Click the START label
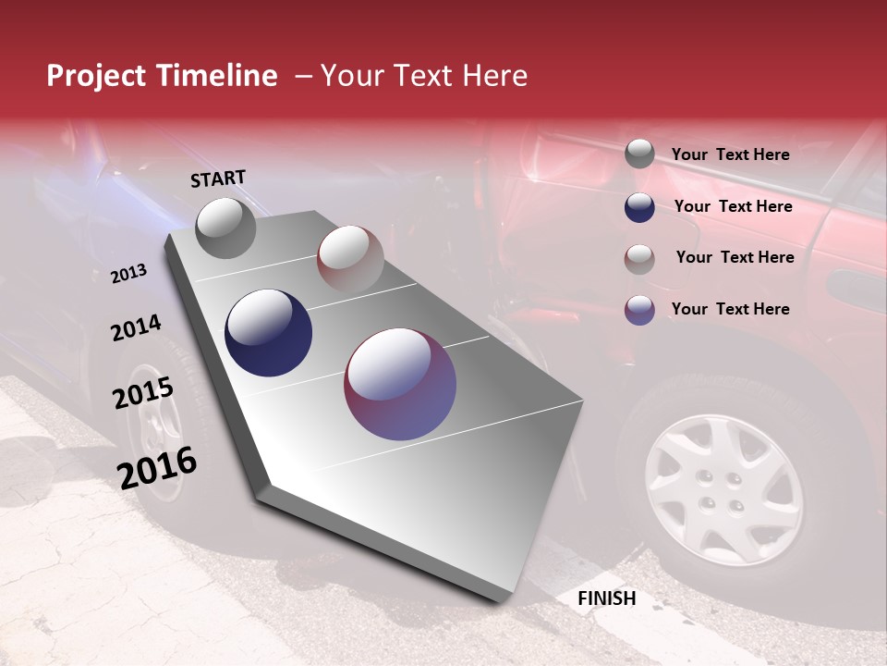pos(218,179)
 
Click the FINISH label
pos(606,598)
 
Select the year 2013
pos(129,273)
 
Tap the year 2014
pos(136,327)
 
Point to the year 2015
pos(143,392)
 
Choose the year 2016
pos(158,467)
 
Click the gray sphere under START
pos(225,228)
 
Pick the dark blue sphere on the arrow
pos(269,333)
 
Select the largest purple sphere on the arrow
pos(400,384)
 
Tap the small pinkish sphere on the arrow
pos(350,258)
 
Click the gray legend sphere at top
pos(639,154)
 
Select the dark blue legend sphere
pos(639,207)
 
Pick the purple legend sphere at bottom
pos(639,310)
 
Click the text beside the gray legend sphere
pos(730,154)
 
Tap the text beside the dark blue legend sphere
pos(733,206)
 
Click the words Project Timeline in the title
pos(162,76)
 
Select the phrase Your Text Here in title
pos(424,76)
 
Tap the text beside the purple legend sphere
pos(730,309)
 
